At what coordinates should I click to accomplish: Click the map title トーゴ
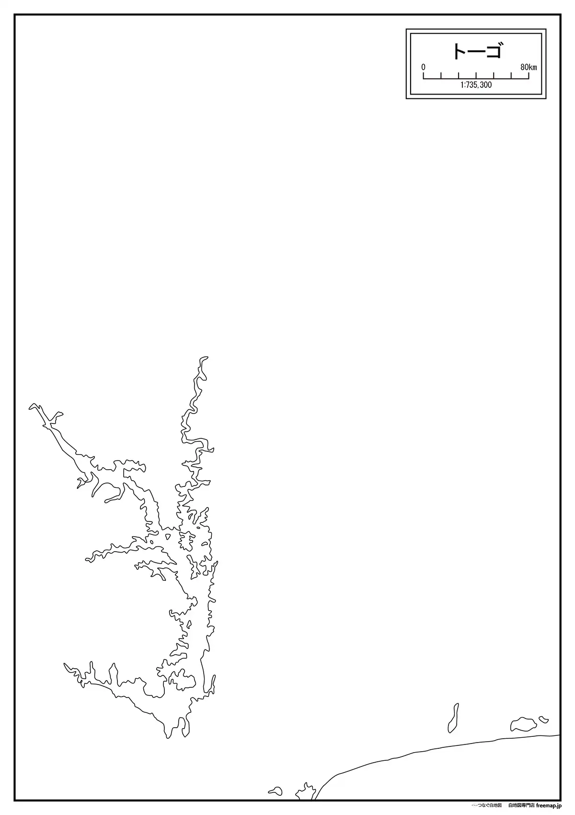pyautogui.click(x=477, y=51)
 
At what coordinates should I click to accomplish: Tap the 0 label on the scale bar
pyautogui.click(x=423, y=67)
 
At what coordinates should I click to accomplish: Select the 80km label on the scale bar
pyautogui.click(x=529, y=67)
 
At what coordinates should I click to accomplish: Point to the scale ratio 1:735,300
pyautogui.click(x=476, y=85)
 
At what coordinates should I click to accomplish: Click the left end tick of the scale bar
pyautogui.click(x=424, y=75)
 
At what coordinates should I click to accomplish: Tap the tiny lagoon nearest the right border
pyautogui.click(x=543, y=719)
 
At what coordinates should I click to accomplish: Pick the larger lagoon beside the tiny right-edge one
pyautogui.click(x=523, y=724)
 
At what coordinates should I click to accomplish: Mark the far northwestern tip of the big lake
pyautogui.click(x=32, y=406)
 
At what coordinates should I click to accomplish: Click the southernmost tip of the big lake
pyautogui.click(x=168, y=737)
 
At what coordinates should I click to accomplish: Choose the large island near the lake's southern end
pyautogui.click(x=182, y=680)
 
